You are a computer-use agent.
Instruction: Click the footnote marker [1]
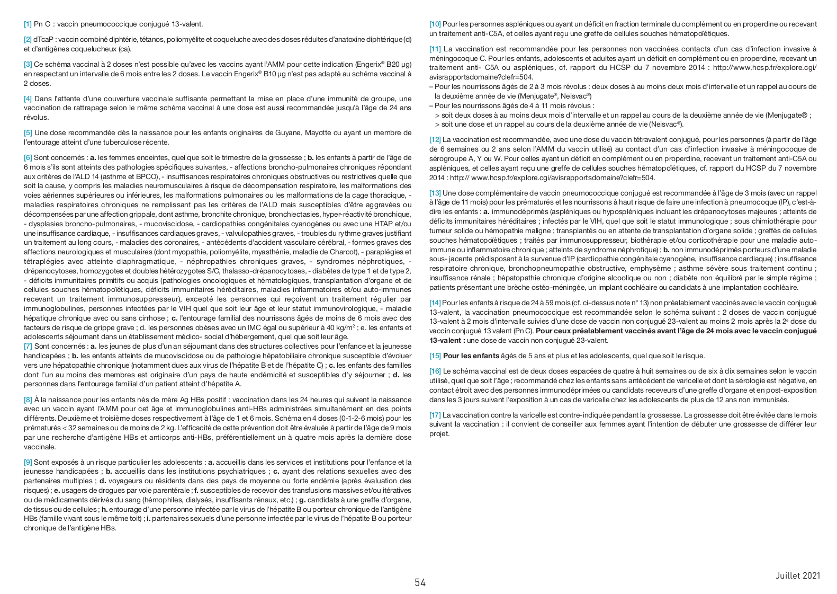tap(28, 24)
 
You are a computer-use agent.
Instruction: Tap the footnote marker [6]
tap(28, 157)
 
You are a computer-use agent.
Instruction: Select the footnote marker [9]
tap(28, 462)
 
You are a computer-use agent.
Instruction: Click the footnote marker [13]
tap(435, 193)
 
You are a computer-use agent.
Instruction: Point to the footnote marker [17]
tap(435, 415)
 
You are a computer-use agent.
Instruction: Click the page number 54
tap(420, 583)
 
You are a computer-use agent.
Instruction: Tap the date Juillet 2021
tap(798, 575)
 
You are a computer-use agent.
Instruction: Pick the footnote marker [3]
tap(28, 64)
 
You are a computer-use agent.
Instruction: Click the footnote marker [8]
tap(28, 399)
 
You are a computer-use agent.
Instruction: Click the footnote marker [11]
tap(435, 49)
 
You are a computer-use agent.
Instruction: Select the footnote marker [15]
tap(435, 356)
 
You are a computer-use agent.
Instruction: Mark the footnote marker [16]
tap(435, 371)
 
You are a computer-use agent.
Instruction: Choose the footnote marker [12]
tap(435, 139)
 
